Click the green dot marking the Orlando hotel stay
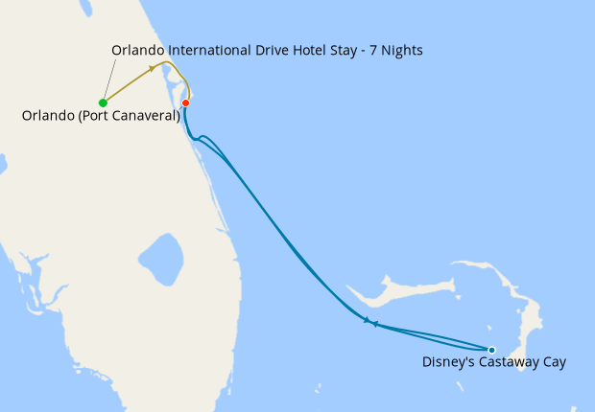(102, 103)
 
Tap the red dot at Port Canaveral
(185, 103)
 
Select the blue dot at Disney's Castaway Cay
(491, 350)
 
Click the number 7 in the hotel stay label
(370, 49)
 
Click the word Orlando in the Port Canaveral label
(44, 117)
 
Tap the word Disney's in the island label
(447, 363)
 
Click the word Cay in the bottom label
(555, 363)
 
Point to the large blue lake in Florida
(160, 258)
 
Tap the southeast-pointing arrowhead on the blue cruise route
(366, 320)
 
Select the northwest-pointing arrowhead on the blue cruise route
(375, 323)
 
